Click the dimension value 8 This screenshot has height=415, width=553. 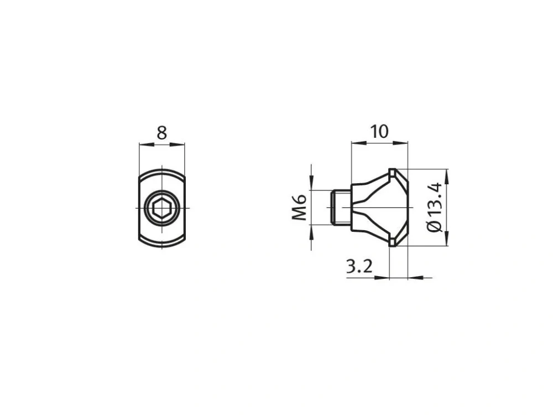(161, 133)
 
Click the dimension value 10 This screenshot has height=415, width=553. (379, 131)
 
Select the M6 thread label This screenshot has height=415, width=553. (299, 207)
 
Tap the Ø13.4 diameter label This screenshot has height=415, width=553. (434, 207)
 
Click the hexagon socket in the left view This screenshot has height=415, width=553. (162, 208)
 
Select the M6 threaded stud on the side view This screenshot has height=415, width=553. (341, 207)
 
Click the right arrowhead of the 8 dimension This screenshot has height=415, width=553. (177, 144)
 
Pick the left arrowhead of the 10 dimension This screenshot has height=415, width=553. (359, 143)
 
